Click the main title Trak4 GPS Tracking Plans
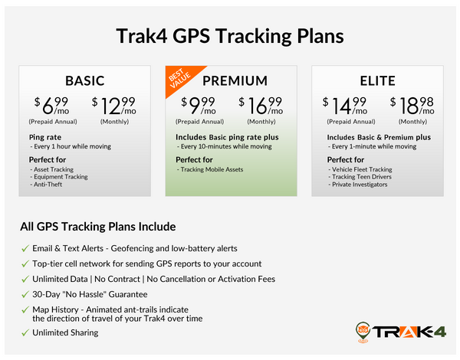pos(229,36)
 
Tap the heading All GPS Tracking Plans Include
pos(98,227)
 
